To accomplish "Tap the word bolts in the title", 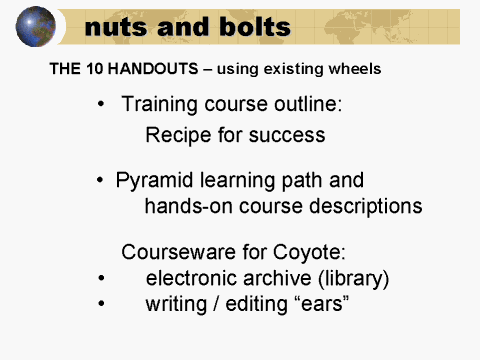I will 252,27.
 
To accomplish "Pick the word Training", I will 160,104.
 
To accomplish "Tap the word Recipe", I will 176,134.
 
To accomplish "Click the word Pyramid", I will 156,181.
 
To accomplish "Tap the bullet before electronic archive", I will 102,278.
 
